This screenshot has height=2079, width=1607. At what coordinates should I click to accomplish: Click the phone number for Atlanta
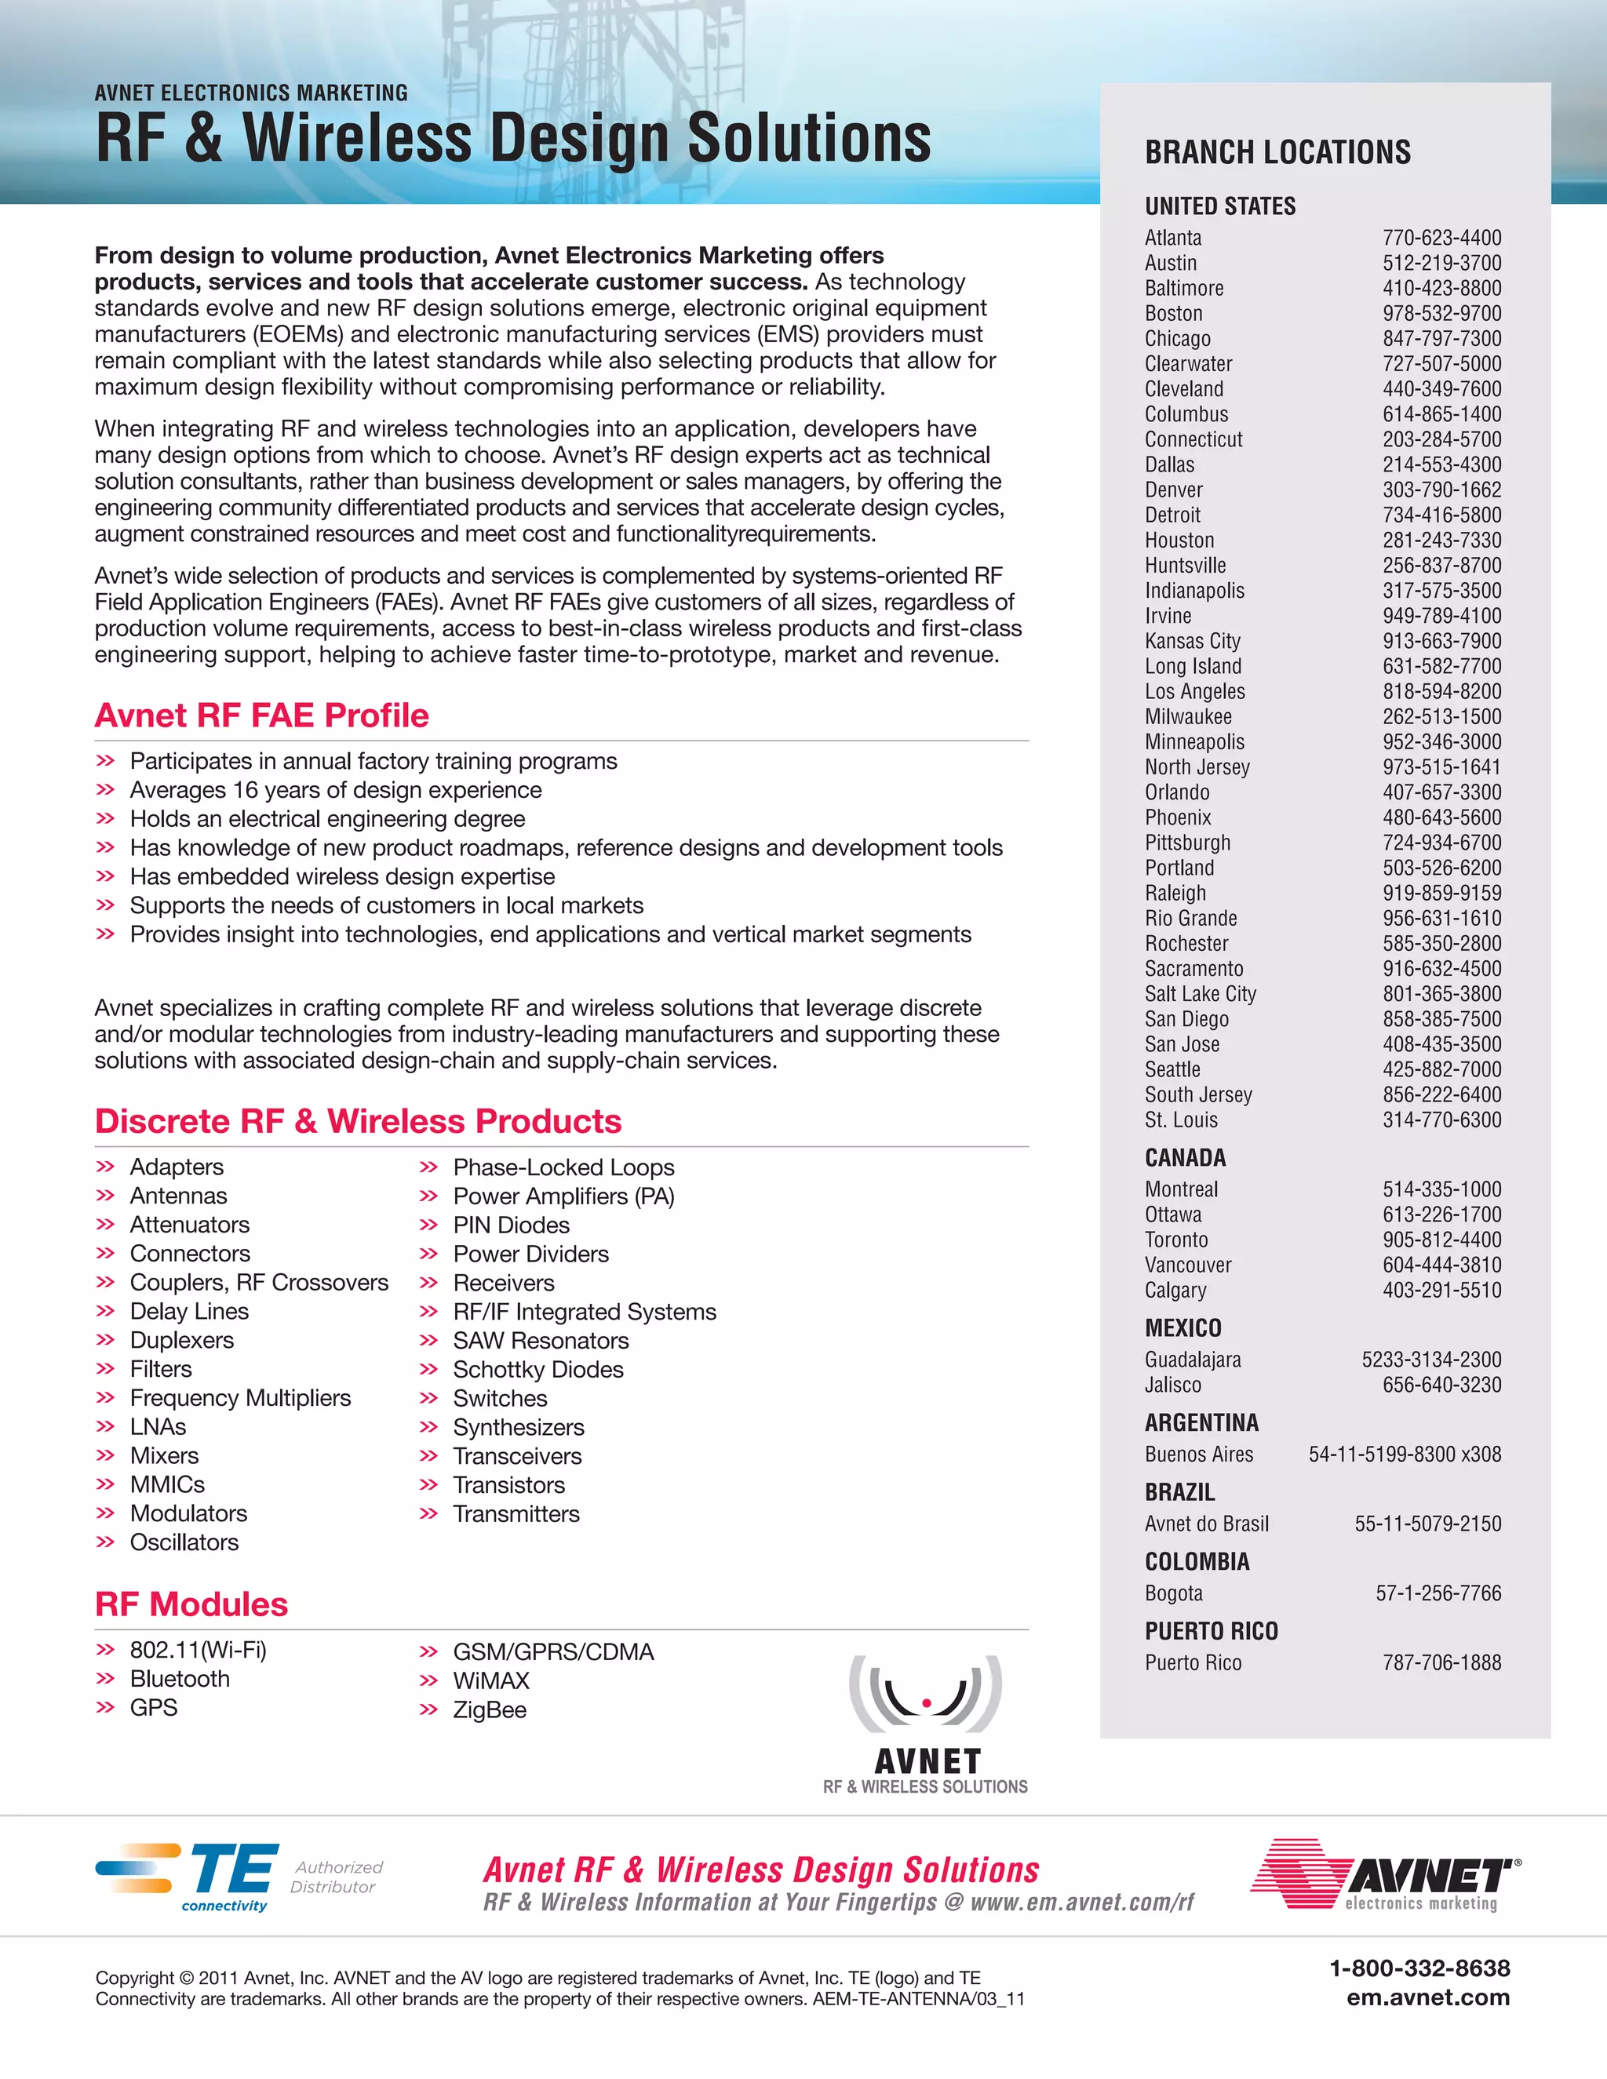[1441, 238]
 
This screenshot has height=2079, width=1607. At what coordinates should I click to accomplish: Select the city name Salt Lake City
[1200, 994]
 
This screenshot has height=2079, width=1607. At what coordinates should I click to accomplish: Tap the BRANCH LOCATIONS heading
[1277, 152]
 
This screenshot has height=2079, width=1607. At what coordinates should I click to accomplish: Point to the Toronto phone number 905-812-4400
[1441, 1240]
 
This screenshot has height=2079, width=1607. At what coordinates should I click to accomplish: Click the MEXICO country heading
[1182, 1328]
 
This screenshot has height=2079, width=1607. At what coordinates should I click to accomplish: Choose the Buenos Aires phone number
[1405, 1455]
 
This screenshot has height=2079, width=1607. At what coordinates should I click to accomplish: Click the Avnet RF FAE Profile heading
[262, 715]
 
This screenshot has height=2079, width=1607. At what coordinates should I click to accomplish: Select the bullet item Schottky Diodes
[537, 1370]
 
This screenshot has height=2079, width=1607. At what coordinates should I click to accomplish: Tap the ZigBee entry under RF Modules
[490, 1709]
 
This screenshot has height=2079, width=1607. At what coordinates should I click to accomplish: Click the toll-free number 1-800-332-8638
[1419, 1968]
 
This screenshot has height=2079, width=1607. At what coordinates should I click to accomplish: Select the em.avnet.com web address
[1427, 1997]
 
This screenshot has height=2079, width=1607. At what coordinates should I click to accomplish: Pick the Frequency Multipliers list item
[240, 1398]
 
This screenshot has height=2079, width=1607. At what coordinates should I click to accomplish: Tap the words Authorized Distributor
[336, 1877]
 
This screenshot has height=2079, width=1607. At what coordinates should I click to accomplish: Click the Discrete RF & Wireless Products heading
[358, 1121]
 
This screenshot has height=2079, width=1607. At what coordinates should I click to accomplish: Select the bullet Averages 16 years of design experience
[335, 790]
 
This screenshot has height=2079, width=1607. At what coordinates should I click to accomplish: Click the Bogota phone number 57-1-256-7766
[1438, 1593]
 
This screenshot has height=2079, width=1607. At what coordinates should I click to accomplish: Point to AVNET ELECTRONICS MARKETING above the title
[251, 93]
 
